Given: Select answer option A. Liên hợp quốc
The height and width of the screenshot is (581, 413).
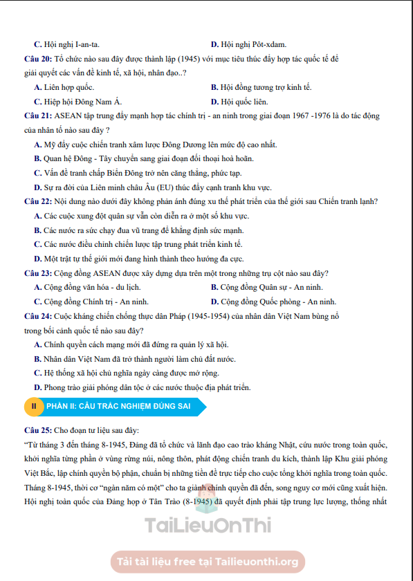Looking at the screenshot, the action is point(64,87).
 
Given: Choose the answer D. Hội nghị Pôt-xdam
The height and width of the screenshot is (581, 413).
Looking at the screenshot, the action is point(248,44).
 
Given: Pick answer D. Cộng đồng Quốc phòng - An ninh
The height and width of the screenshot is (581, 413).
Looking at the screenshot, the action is point(273,302).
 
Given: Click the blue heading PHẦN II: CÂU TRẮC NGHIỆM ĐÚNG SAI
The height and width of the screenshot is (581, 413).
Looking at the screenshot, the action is point(118,405).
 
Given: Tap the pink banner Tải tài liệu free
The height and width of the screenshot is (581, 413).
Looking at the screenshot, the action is point(207,562).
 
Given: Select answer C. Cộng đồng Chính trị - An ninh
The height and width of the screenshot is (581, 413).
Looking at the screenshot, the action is point(90,302).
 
